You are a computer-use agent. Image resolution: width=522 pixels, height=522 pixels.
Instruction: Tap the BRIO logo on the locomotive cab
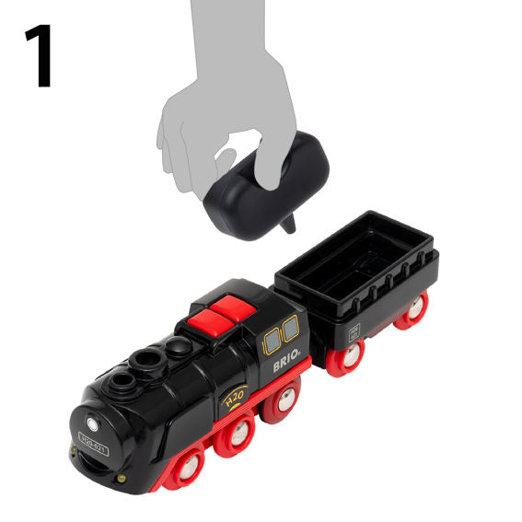(x=289, y=364)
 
